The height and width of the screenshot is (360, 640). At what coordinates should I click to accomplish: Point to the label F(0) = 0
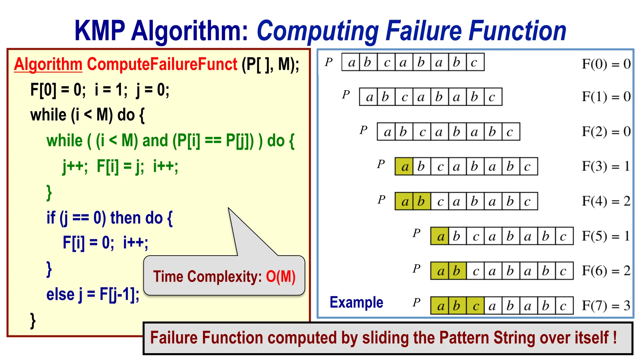606,64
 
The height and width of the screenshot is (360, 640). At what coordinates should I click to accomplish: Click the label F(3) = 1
606,166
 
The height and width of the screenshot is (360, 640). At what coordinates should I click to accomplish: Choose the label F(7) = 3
606,305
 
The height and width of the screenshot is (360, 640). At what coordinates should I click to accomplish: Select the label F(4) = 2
606,201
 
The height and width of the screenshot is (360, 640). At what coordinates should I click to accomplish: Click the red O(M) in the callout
281,277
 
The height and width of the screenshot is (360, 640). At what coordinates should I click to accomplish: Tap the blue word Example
356,302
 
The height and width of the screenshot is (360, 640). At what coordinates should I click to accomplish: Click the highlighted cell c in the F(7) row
475,306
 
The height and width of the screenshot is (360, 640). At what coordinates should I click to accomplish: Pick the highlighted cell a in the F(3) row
404,167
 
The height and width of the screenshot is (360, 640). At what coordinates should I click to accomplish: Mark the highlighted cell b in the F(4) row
422,201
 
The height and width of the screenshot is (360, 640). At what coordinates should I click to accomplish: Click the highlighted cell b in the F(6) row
457,271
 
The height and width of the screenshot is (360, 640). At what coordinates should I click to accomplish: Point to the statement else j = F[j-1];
93,294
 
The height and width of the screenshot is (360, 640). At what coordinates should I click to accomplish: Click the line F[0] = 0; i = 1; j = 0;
100,90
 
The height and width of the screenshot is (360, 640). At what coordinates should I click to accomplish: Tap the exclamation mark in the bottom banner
614,337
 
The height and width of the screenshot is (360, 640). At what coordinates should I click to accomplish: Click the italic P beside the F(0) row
328,62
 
